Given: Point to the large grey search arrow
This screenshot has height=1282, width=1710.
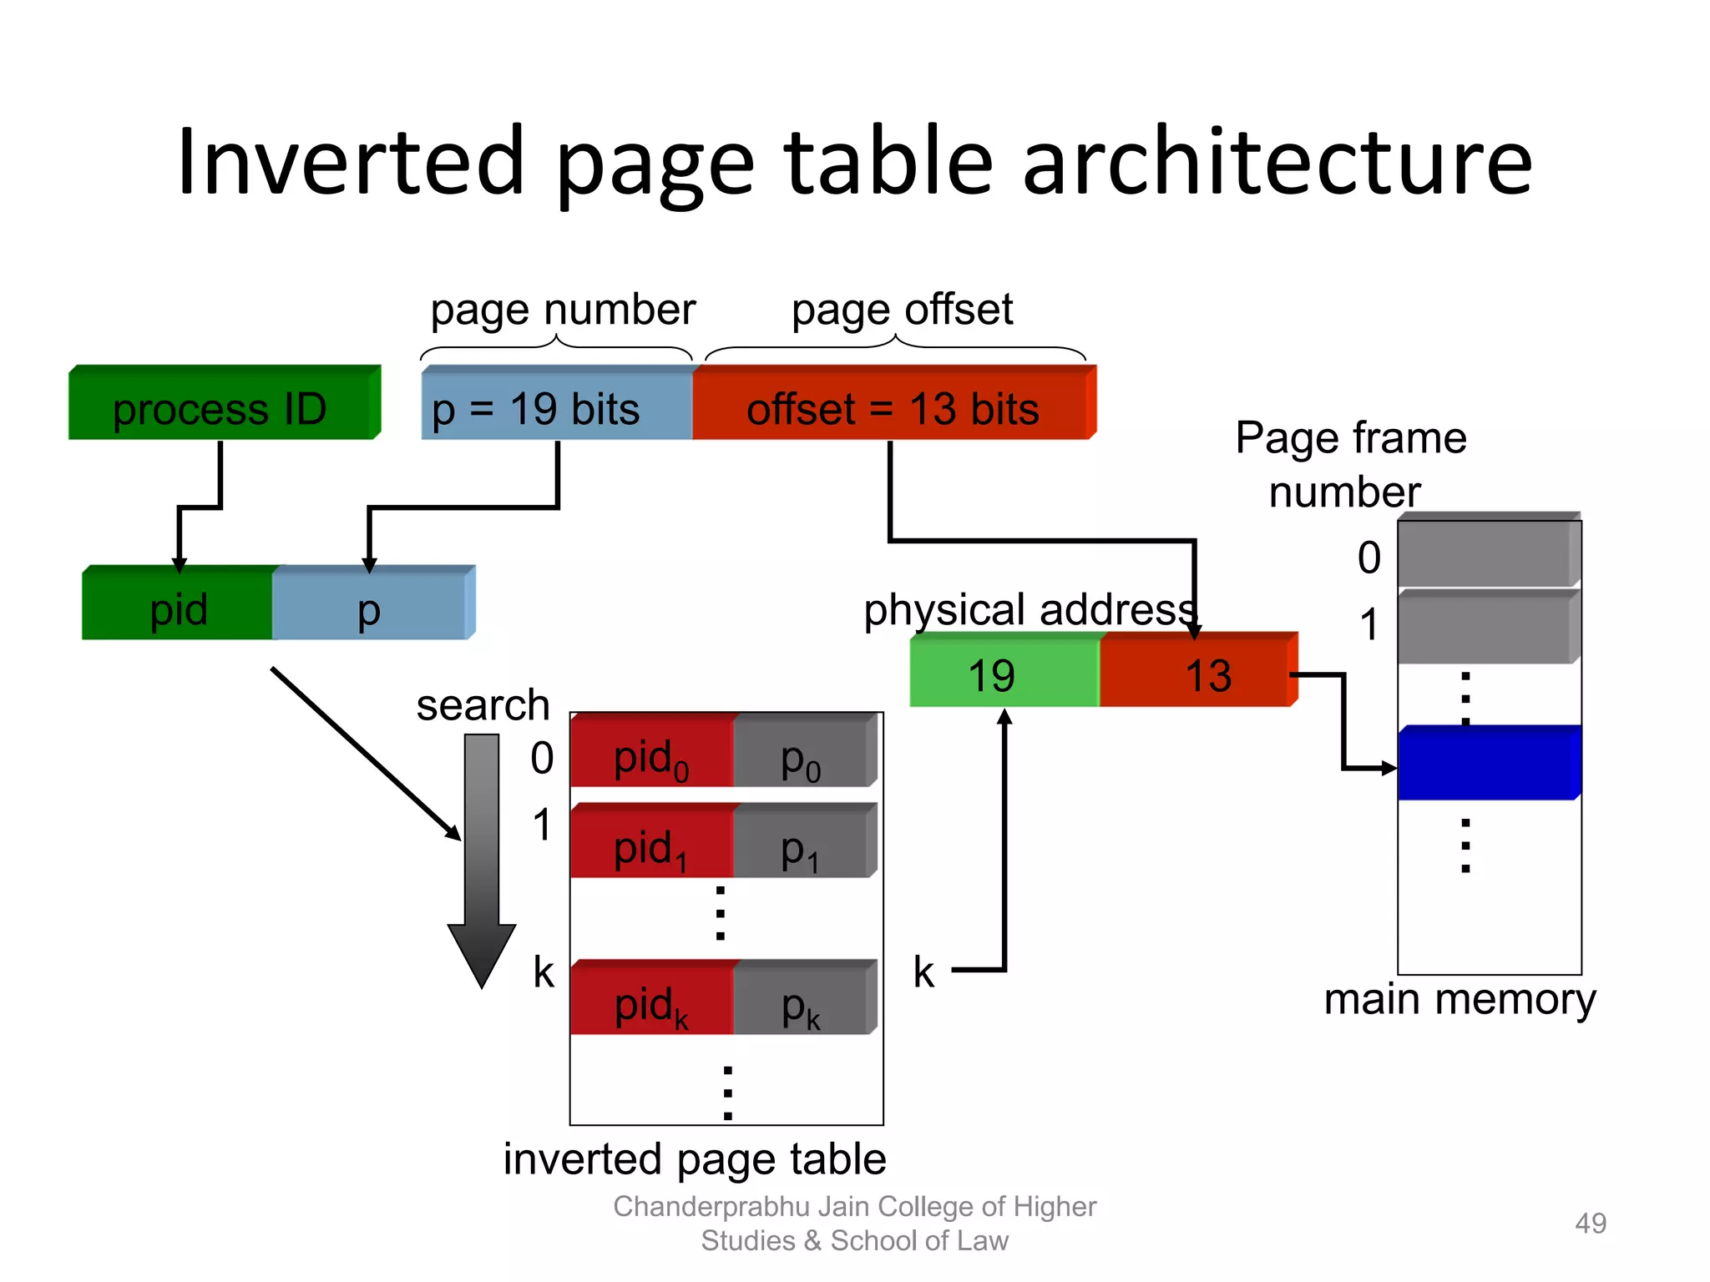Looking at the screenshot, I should [482, 860].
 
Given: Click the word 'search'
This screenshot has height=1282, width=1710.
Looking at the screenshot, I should [483, 705].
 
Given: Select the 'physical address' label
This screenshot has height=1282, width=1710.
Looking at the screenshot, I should [1030, 610].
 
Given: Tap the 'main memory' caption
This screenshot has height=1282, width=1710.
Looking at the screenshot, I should [1460, 999].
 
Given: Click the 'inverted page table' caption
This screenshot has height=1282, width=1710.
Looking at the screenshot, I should [694, 1159].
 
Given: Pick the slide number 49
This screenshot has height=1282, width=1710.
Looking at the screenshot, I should [1590, 1224].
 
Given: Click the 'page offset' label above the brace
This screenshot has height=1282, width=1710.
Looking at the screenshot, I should [902, 310].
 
